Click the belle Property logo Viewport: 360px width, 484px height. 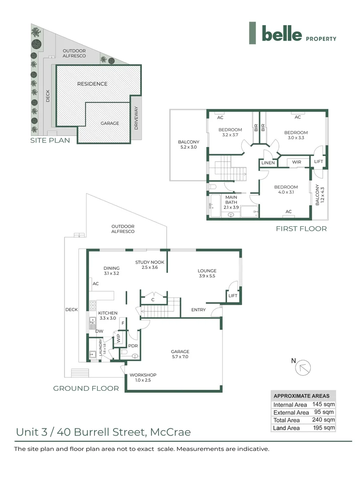tap(292, 34)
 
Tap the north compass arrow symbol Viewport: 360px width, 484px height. tap(304, 367)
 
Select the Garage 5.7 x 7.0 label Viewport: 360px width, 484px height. tap(180, 354)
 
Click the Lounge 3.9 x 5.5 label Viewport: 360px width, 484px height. tap(207, 274)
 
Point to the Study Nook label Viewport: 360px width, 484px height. tap(150, 265)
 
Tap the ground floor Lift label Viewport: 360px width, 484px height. tap(232, 296)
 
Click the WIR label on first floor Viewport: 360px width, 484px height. tap(296, 162)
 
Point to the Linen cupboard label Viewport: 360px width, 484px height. tap(268, 163)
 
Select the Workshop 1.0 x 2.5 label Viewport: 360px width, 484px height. tap(143, 378)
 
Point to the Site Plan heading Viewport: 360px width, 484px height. tap(50, 140)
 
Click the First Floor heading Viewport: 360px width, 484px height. tap(301, 229)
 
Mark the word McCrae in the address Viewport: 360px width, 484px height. tap(170, 432)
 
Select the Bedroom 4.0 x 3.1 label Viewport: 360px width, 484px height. tap(286, 190)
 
